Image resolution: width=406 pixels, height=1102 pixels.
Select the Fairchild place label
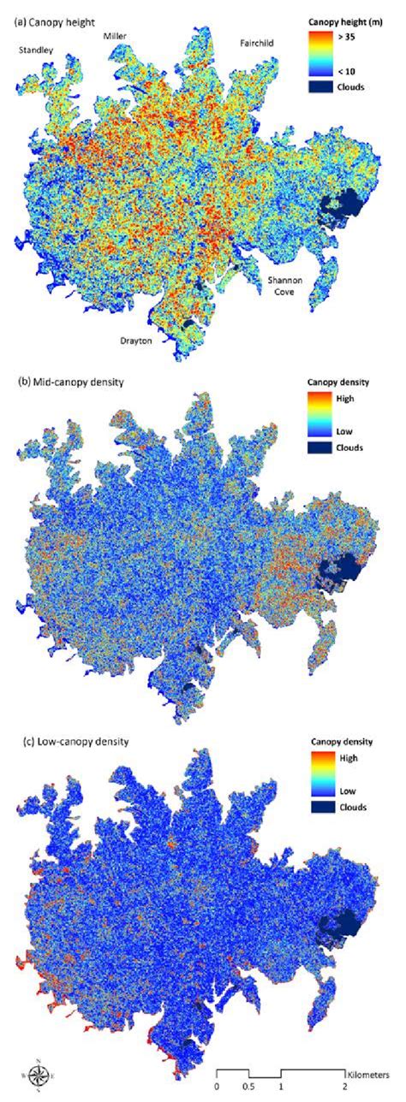tap(252, 42)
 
